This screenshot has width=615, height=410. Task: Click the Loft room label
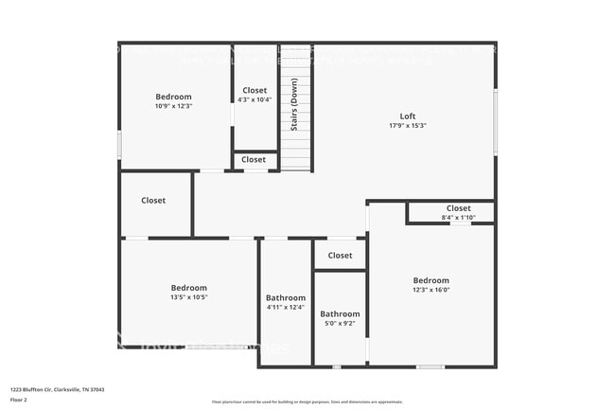click(408, 116)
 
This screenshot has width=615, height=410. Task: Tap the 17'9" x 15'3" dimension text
click(408, 126)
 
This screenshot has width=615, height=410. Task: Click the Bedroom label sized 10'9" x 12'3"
click(174, 97)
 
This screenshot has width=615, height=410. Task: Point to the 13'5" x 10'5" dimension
click(189, 297)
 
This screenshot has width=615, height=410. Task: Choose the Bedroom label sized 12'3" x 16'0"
click(430, 280)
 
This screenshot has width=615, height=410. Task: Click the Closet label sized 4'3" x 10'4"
click(255, 91)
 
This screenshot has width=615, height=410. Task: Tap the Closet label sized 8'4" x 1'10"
click(458, 208)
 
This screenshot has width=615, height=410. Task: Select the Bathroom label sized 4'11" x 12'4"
click(286, 297)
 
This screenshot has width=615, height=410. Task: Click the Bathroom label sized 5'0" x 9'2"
click(340, 314)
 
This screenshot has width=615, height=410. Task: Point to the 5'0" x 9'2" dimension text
click(340, 324)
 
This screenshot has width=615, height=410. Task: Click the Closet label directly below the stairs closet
click(254, 160)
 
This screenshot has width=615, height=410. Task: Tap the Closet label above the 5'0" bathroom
click(340, 256)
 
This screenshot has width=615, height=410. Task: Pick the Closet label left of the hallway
click(153, 201)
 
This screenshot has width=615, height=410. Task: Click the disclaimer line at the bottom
click(307, 402)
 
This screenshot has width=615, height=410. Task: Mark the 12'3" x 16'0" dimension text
click(430, 290)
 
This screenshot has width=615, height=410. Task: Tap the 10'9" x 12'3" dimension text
click(174, 106)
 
